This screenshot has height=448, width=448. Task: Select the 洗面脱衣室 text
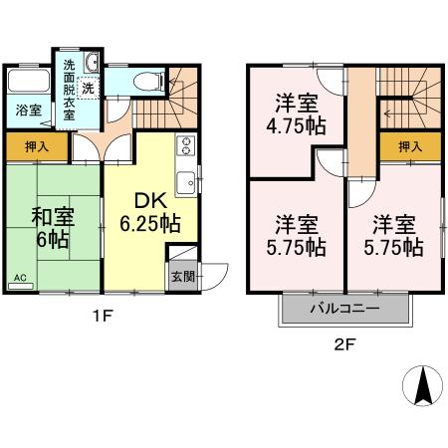coord(69,89)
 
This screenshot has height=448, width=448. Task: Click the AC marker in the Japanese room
coord(21,279)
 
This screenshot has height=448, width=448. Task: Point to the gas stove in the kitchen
coord(185,148)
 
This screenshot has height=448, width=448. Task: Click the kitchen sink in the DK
coord(185,182)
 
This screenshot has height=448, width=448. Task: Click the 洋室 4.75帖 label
coord(299,112)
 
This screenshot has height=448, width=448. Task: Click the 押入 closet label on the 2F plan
coord(409,147)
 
